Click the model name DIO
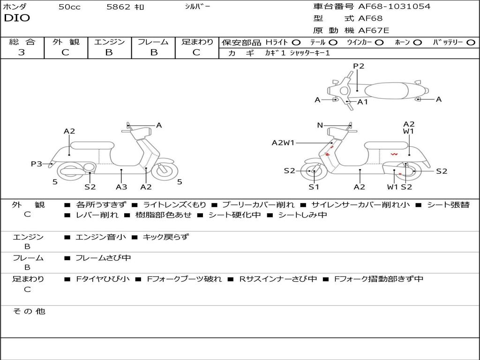point(17,18)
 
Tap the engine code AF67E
point(374,30)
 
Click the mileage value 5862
point(119,7)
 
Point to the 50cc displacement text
point(69,7)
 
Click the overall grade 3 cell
point(22,52)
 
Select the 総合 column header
point(22,42)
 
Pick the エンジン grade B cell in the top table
point(109,52)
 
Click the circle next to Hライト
point(296,42)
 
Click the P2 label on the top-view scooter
point(359,66)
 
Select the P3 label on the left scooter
point(37,164)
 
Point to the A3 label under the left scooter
point(121,187)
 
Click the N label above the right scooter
point(320,125)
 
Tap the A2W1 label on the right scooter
point(283,143)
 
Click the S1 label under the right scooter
point(314,187)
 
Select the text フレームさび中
point(103,258)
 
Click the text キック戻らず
point(165,237)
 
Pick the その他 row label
point(29,311)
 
